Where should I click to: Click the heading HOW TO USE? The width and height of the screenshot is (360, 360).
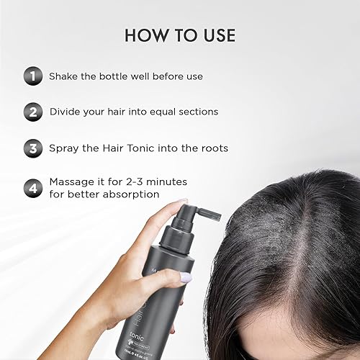(180, 35)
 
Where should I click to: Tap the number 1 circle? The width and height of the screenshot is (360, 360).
(32, 76)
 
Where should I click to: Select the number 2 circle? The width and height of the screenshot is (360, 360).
(32, 112)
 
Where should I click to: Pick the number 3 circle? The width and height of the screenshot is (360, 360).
(32, 148)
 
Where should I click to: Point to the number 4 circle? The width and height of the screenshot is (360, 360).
(32, 189)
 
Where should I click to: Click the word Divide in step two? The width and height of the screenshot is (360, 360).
(67, 112)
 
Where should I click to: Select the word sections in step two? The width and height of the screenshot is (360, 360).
(213, 112)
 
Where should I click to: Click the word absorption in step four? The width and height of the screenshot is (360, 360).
(130, 195)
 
